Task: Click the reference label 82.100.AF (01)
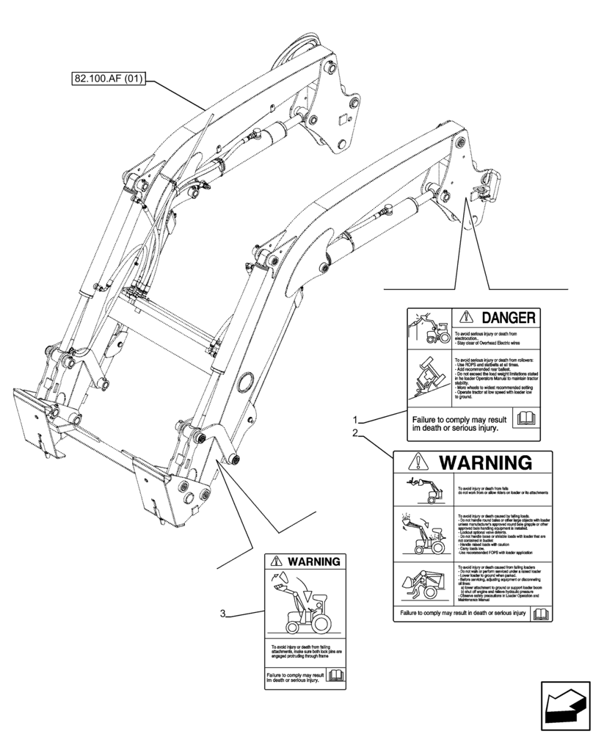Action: [x=109, y=77]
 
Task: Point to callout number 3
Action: [x=222, y=614]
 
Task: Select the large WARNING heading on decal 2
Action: [x=485, y=462]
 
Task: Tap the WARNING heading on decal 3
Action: [x=313, y=562]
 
